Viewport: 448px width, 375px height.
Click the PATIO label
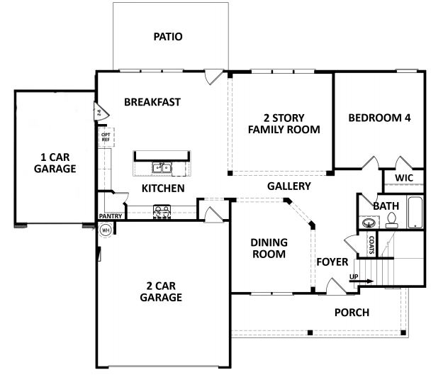click(169, 36)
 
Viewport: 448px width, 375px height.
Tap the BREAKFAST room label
click(152, 101)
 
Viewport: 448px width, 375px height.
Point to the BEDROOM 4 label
click(379, 118)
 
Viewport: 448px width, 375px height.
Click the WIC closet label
click(404, 177)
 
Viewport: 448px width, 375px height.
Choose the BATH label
click(386, 206)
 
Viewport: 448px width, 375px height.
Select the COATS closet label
click(371, 245)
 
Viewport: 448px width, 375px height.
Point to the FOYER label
click(332, 262)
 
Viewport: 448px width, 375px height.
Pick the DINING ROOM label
click(268, 248)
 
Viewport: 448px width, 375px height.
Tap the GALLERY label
click(289, 186)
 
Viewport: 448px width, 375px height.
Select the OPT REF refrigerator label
click(106, 137)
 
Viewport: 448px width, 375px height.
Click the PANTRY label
click(111, 216)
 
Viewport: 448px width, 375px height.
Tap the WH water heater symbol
click(106, 229)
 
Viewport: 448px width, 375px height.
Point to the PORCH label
click(352, 312)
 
